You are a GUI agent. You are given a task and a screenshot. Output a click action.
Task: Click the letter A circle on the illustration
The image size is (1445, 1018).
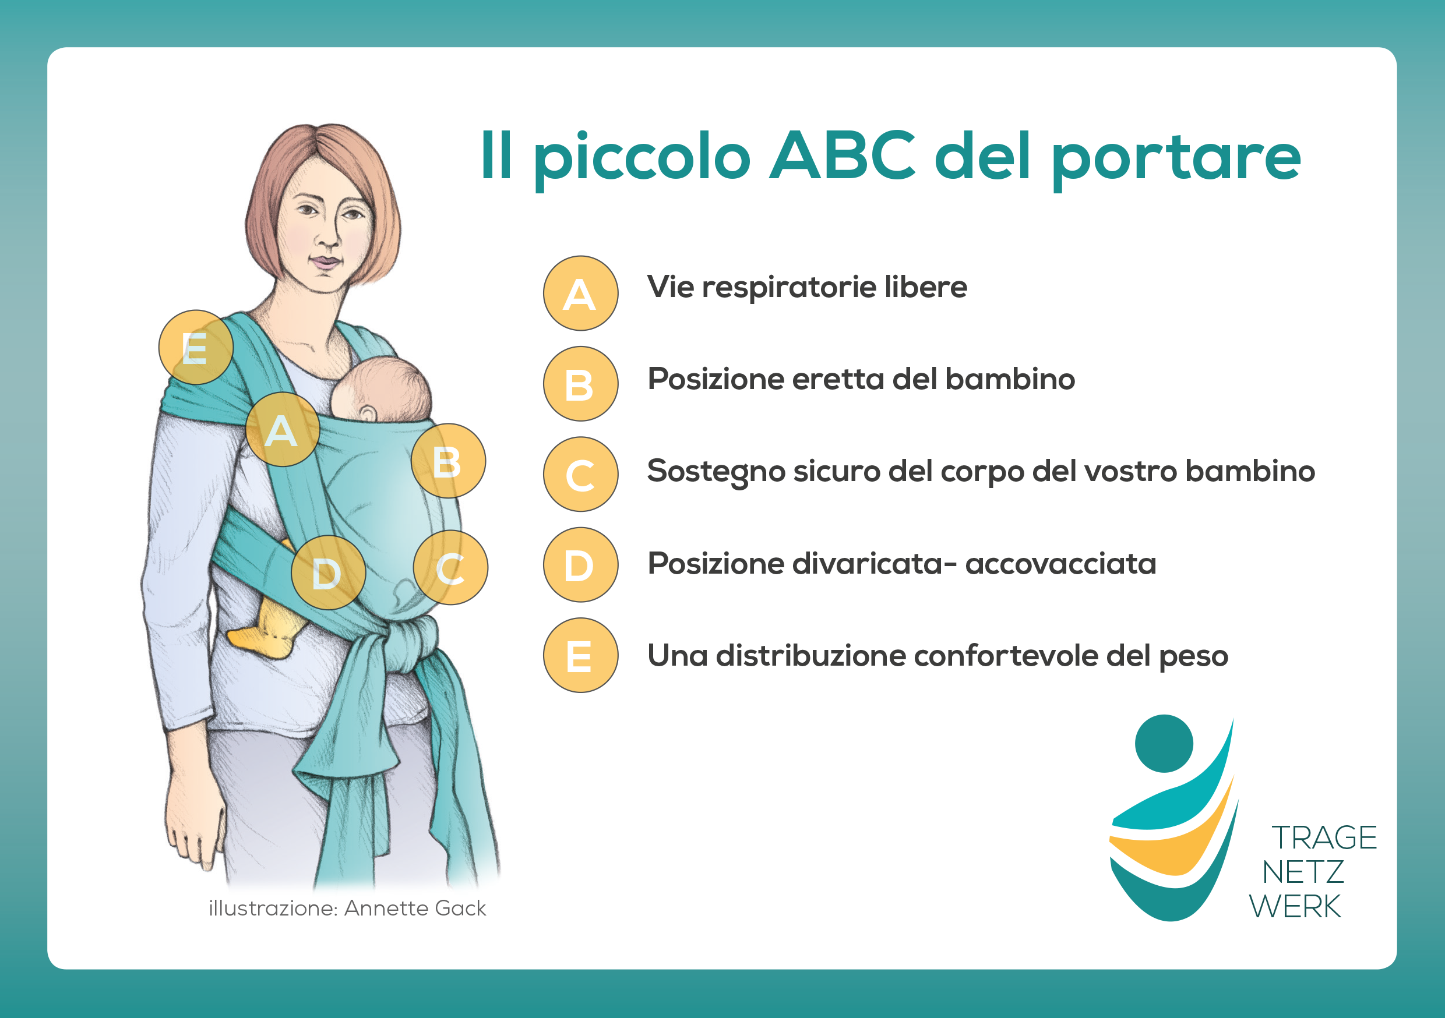point(283,429)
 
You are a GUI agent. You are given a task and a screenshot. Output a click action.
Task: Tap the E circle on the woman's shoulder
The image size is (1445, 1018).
point(196,347)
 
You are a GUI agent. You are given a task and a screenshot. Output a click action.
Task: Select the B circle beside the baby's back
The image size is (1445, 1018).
point(448,461)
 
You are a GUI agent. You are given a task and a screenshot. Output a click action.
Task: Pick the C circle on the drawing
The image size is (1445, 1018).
point(450,567)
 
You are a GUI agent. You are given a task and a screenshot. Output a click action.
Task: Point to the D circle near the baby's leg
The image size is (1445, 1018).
point(328,572)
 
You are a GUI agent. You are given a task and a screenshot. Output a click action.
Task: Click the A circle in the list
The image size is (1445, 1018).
point(580,293)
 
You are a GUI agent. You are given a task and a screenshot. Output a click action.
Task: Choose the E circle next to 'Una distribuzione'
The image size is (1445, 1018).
point(580,656)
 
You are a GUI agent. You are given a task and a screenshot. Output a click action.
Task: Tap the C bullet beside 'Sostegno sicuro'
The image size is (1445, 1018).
point(580,475)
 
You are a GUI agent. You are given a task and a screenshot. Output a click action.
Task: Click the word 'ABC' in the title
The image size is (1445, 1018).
point(843,155)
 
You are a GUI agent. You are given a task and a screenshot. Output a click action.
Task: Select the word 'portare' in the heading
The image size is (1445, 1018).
point(1176,160)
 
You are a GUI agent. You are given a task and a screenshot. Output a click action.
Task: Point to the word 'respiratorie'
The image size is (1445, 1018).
point(788,288)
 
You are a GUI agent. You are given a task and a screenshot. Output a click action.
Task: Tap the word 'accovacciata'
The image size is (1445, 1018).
point(1060,564)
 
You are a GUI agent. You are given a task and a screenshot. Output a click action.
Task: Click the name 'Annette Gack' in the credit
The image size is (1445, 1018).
point(415,908)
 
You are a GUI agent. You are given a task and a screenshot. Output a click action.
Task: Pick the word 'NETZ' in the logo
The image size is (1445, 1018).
point(1303,872)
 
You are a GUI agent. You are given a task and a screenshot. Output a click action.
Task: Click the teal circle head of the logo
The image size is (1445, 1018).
point(1164,743)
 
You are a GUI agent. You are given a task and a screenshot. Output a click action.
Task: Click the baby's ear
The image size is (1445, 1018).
point(368,413)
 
